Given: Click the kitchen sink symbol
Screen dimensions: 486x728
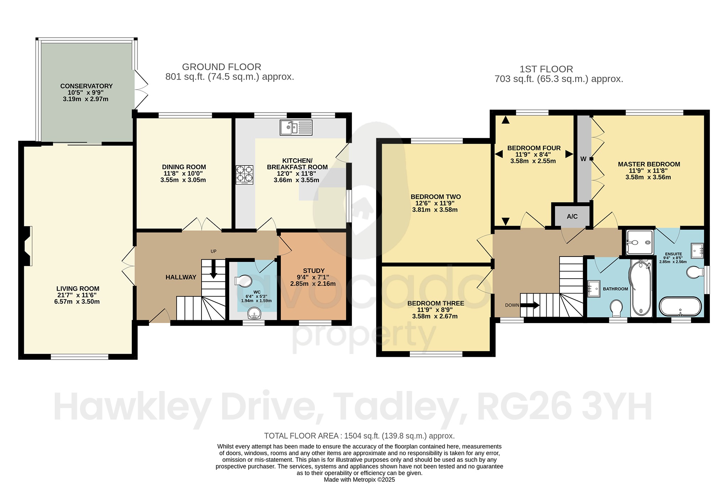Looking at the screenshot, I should point(296,127).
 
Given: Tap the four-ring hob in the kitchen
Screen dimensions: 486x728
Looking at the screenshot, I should point(245,174).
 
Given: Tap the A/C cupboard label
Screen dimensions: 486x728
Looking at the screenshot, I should point(572,216).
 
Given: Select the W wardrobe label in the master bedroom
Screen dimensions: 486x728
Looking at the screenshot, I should point(583,159).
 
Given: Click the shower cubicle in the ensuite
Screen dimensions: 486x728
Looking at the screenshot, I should point(639,242).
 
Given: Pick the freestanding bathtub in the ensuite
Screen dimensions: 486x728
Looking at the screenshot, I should point(680,306).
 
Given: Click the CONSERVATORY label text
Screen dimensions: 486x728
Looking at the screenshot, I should point(86,86).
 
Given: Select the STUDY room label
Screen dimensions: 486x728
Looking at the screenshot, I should point(314,271).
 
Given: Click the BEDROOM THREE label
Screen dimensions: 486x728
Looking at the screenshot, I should point(435,303).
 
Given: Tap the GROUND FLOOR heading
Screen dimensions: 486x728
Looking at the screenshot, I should point(221,67).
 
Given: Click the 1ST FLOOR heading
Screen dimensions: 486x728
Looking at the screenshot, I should point(546,69).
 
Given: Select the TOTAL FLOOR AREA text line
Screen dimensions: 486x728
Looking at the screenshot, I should point(359,436).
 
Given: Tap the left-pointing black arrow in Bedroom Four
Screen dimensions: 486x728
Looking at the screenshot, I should point(499,154).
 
